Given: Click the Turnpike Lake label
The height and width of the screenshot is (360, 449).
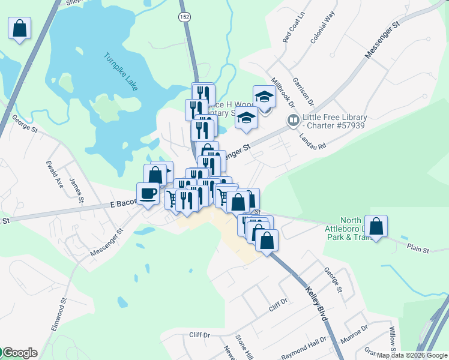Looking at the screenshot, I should tap(121, 72).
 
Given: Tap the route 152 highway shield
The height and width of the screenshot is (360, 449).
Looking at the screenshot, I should tap(184, 17).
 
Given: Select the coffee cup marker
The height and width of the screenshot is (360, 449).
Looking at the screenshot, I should tap(148, 193).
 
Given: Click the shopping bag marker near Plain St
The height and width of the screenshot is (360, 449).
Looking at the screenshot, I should tap(376, 226).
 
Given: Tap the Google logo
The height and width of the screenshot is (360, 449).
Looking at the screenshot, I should tap(19, 353).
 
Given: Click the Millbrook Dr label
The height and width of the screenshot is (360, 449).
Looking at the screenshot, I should tap(284, 92).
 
